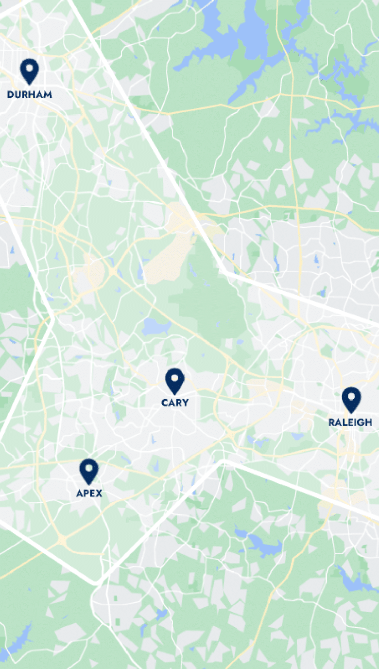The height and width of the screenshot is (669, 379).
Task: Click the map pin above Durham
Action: pos(29,71)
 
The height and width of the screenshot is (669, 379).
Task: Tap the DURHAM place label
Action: pos(29,94)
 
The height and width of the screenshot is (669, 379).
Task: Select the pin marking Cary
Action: pos(174,380)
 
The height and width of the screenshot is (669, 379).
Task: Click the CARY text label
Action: pos(174,403)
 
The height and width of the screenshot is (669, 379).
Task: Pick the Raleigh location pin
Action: pos(351,399)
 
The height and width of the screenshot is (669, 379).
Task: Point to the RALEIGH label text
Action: pos(350,422)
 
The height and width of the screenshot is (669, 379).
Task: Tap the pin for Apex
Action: pos(88,471)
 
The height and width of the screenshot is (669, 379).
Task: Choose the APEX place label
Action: pos(89,493)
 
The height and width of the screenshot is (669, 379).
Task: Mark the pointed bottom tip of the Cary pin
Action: pos(174,394)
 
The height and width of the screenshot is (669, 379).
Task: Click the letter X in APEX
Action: pos(99,493)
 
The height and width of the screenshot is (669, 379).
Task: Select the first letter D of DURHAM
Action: pos(10,94)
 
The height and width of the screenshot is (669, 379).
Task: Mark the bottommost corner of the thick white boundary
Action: pos(95,582)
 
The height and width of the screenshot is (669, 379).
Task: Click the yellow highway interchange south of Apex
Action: pos(62,539)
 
